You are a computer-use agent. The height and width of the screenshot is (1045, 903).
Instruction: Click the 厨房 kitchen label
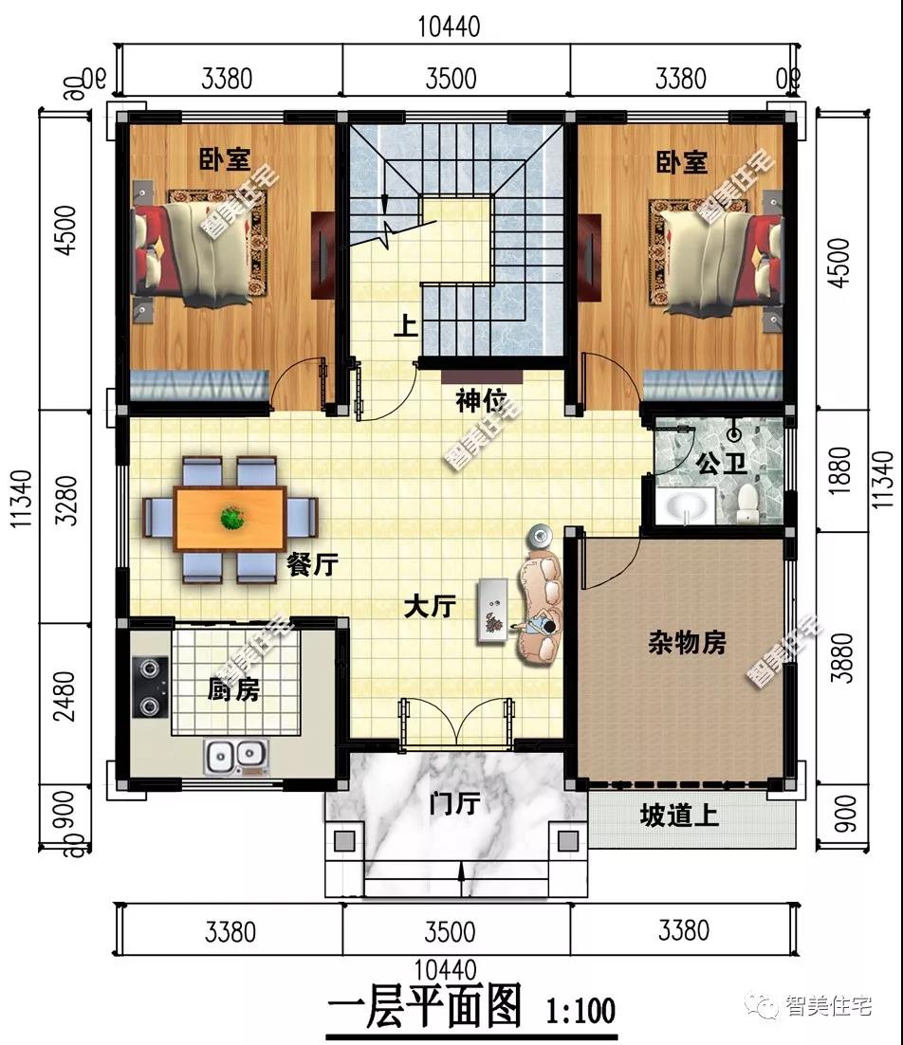[x=232, y=689]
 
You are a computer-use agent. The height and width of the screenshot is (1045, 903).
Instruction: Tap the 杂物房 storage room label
[x=687, y=644]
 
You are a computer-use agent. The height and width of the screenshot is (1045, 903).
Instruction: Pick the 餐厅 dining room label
[x=312, y=565]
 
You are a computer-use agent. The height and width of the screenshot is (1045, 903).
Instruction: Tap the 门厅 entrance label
[x=453, y=804]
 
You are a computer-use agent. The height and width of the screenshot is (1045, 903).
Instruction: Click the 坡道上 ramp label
[x=679, y=815]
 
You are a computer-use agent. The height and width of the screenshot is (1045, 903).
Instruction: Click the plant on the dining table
[x=230, y=518]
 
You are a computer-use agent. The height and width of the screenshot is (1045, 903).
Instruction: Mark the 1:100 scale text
[x=579, y=1007]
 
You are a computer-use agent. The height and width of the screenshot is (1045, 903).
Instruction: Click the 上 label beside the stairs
[x=405, y=327]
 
